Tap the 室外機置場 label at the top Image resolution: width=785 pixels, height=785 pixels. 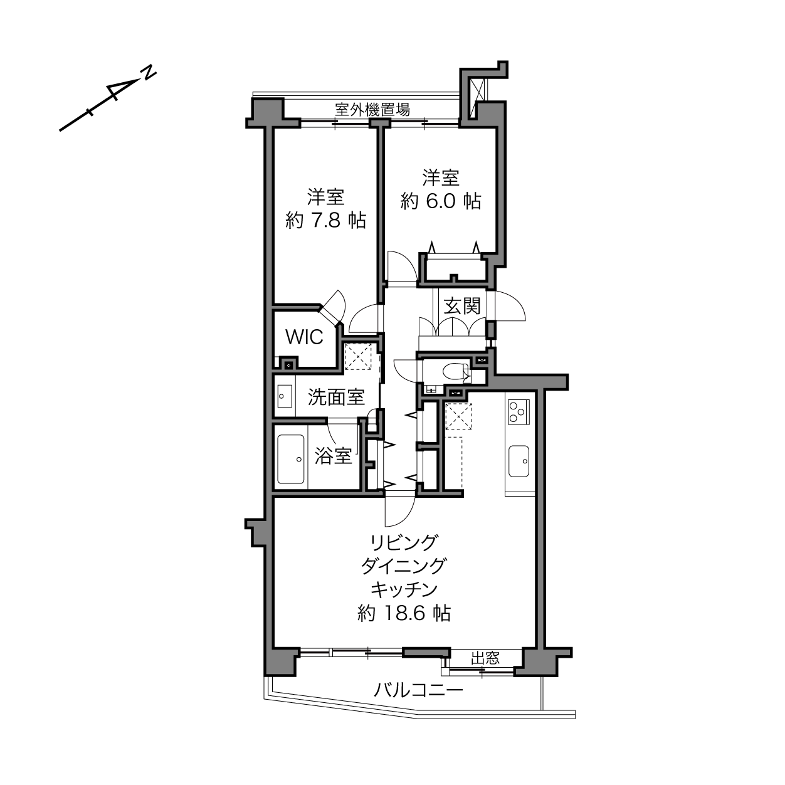(x=372, y=110)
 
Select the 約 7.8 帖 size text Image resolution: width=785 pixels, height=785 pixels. (x=325, y=220)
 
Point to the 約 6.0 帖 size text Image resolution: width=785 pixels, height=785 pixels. (x=441, y=201)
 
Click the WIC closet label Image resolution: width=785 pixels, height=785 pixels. (x=304, y=337)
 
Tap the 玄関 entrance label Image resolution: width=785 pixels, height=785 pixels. (x=462, y=305)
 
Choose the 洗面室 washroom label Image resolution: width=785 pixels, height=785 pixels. (x=335, y=397)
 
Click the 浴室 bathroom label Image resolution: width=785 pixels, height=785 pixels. (x=333, y=456)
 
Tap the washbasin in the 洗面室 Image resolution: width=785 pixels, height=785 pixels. (x=283, y=396)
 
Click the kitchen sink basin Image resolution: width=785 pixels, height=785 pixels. (x=519, y=461)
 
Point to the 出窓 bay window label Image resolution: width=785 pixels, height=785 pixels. (x=485, y=658)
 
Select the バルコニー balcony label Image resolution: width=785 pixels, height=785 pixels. (x=419, y=690)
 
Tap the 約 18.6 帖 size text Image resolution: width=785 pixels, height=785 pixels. (x=404, y=613)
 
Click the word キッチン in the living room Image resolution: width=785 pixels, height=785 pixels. (x=404, y=589)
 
